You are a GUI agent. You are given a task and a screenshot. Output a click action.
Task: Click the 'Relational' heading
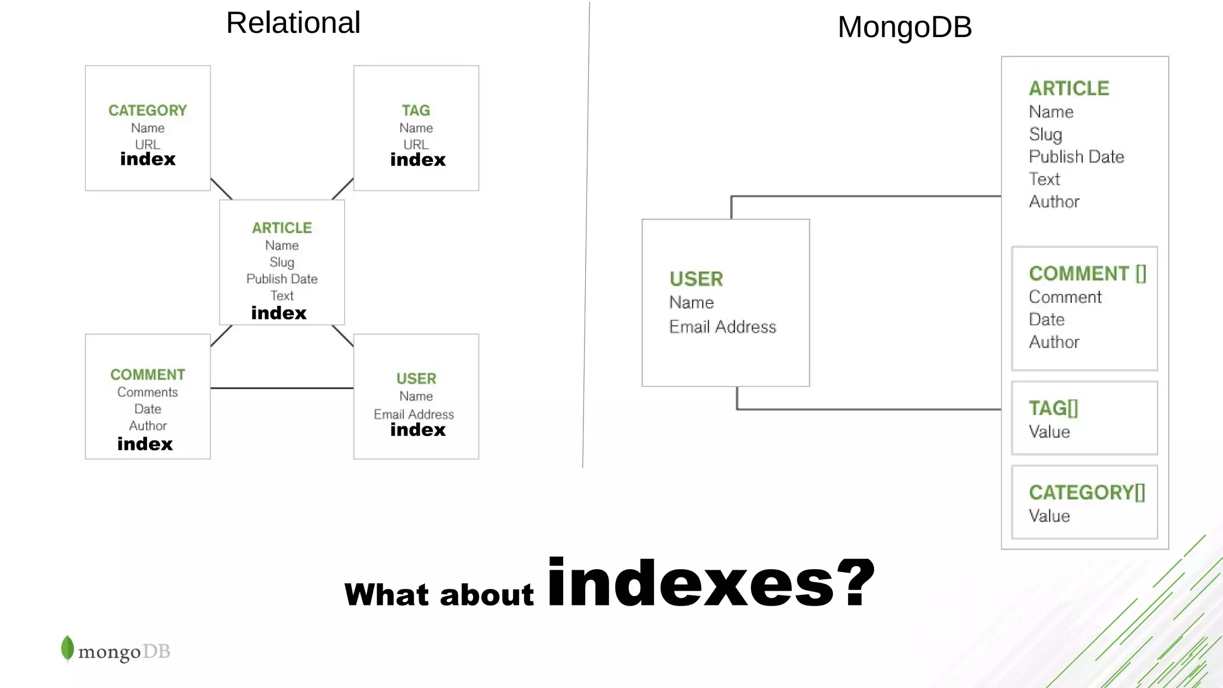[x=293, y=23]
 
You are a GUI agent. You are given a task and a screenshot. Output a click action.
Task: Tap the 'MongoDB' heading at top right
[x=904, y=27]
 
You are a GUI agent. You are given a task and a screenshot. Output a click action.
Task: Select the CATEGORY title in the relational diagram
[x=148, y=110]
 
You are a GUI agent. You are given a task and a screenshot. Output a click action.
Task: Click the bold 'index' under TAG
[x=417, y=160]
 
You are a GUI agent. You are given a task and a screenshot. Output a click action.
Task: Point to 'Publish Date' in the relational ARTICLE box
[x=282, y=279]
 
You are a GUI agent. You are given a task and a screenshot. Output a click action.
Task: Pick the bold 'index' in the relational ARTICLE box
[x=278, y=313]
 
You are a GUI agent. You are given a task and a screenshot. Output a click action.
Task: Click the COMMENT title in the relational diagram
[x=148, y=374]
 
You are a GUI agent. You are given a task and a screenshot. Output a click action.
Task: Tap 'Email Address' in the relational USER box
[x=414, y=414]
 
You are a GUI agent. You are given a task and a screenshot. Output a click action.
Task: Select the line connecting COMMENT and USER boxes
[x=282, y=388]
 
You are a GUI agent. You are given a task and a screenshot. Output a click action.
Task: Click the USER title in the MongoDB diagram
[x=696, y=279]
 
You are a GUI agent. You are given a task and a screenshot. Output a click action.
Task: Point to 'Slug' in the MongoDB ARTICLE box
[x=1045, y=134]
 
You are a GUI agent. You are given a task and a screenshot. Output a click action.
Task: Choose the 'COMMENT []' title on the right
[x=1087, y=274]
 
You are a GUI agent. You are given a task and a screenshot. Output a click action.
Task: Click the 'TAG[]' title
[x=1053, y=408]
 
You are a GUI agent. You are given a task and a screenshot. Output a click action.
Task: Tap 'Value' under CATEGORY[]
[x=1049, y=516]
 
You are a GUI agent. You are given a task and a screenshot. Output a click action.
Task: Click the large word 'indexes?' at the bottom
[x=711, y=583]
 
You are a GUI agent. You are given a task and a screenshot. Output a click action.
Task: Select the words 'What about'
[x=439, y=595]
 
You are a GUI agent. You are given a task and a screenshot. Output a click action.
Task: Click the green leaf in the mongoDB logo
[x=67, y=648]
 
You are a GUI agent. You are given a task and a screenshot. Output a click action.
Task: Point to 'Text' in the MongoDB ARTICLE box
[x=1044, y=179]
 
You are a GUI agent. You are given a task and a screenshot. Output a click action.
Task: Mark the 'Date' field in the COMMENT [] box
[x=1047, y=320]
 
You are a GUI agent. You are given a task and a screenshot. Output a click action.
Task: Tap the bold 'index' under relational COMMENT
[x=145, y=444]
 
